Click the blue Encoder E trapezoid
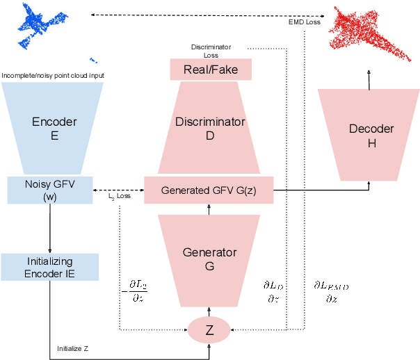click(x=54, y=129)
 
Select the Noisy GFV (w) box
click(x=49, y=190)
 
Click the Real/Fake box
click(x=210, y=69)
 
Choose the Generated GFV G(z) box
click(x=209, y=190)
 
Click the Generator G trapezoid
click(x=209, y=258)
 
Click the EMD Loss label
click(x=305, y=22)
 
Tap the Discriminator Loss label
click(x=211, y=51)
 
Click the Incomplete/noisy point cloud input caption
click(x=58, y=75)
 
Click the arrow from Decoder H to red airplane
click(x=369, y=79)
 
